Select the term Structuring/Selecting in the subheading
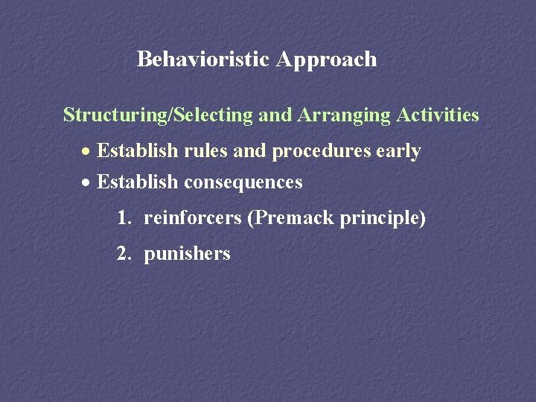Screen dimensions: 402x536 click(158, 115)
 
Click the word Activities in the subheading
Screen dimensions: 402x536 click(438, 115)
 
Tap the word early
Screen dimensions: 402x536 click(398, 152)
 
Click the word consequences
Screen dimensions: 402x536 click(243, 182)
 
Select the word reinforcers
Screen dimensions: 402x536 click(193, 219)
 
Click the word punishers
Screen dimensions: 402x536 click(187, 254)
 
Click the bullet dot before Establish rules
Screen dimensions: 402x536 click(86, 152)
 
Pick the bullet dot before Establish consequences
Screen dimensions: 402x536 click(86, 182)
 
